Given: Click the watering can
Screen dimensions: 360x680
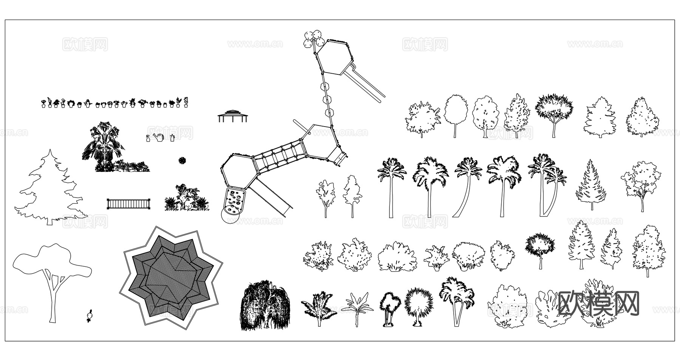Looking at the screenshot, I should tap(159, 138).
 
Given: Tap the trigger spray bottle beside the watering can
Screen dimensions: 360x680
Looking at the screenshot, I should tap(148, 139).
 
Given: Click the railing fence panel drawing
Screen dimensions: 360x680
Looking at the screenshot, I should tap(129, 204).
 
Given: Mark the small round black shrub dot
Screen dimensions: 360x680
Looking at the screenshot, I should tap(182, 160).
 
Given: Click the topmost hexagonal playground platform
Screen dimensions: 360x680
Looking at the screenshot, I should tap(334, 57).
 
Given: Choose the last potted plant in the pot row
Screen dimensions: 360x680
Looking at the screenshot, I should tap(186, 102).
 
